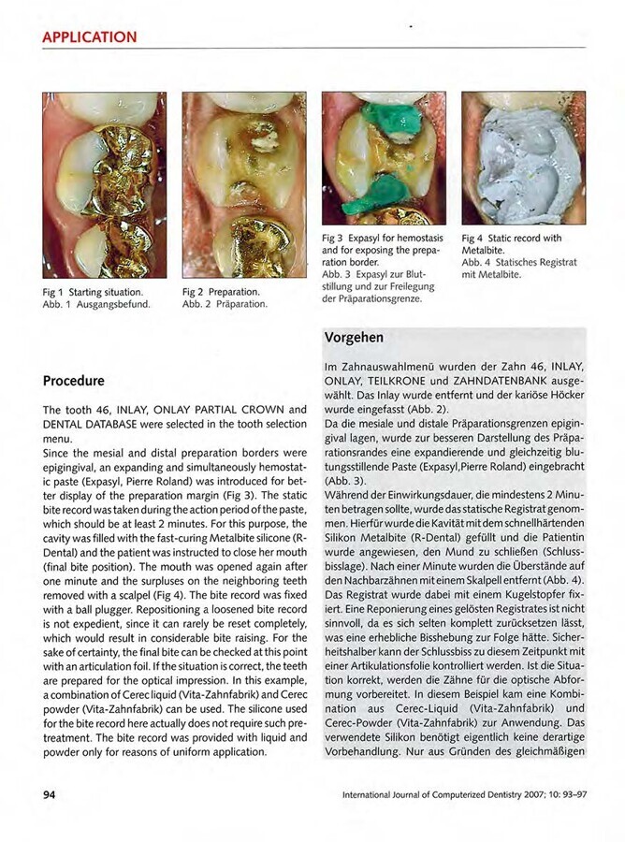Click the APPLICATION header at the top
pos(90,37)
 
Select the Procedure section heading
pos(74,382)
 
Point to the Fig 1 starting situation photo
pos(104,184)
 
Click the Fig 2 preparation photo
pos(244,184)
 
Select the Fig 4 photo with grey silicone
pos(523,157)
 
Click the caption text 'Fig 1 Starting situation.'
pos(94,293)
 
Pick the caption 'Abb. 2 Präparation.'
pos(225,304)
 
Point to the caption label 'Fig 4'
pos(473,240)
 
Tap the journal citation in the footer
pos(463,796)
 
